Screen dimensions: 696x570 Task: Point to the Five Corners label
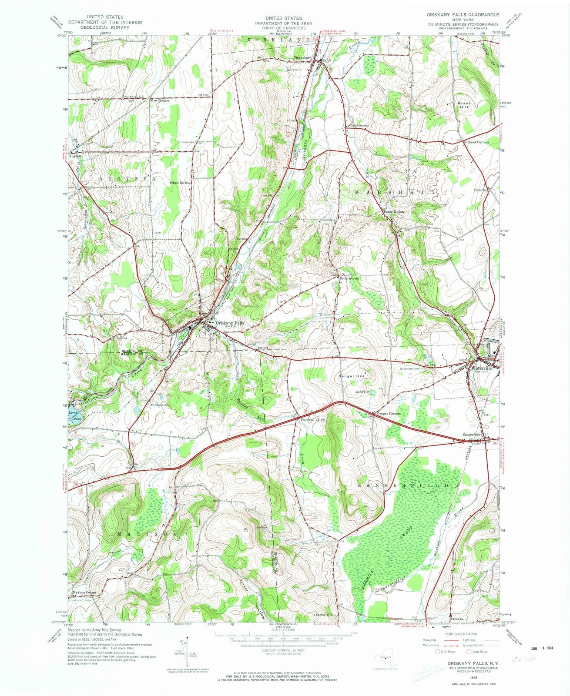click(x=160, y=100)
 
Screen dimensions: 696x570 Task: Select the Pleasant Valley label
click(x=310, y=420)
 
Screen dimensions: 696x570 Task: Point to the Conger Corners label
click(x=389, y=413)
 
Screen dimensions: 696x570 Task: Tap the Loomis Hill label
click(x=323, y=615)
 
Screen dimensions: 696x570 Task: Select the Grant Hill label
click(x=463, y=106)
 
